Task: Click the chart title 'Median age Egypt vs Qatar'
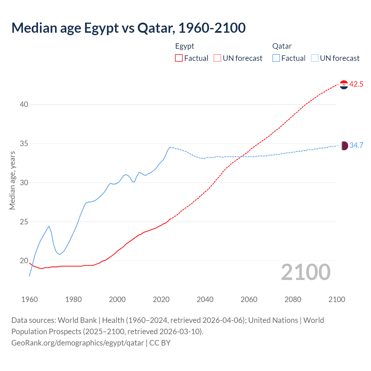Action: coord(128,28)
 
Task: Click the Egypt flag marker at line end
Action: coord(344,85)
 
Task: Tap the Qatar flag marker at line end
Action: coord(344,146)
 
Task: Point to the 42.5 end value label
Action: coord(356,84)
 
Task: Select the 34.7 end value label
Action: coord(356,145)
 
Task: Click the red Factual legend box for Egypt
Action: coord(179,58)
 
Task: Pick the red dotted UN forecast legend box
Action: coord(217,58)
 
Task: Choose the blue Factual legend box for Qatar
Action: coord(276,58)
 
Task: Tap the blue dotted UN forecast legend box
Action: coord(314,58)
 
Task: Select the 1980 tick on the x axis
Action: coord(73,299)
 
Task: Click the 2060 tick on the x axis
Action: coord(249,299)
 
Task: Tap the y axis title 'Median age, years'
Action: coord(12,180)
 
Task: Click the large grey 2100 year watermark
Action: coord(305,272)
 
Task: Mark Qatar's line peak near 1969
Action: coord(49,226)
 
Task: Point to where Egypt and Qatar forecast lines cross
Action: coord(241,157)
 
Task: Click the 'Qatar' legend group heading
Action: coord(282,46)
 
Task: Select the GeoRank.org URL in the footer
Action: coord(77,343)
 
